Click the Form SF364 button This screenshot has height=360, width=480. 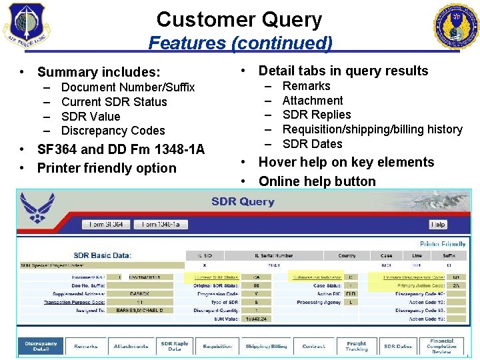pyautogui.click(x=106, y=225)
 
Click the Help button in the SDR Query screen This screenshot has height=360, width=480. pyautogui.click(x=438, y=225)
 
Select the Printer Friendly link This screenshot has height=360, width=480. pyautogui.click(x=442, y=244)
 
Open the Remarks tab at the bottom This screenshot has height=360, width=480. pyautogui.click(x=85, y=347)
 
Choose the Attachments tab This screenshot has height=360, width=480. pyautogui.click(x=131, y=347)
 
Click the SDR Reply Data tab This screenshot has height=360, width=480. pyautogui.click(x=175, y=347)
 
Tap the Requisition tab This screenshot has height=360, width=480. pyautogui.click(x=217, y=347)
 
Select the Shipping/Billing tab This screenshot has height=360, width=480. pyautogui.click(x=266, y=347)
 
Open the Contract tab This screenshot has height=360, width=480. pyautogui.click(x=313, y=347)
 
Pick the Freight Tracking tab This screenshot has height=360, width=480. pyautogui.click(x=356, y=347)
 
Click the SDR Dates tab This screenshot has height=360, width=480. pyautogui.click(x=397, y=347)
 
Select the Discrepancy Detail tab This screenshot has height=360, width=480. pyautogui.click(x=41, y=347)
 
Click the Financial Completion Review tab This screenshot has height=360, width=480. pyautogui.click(x=442, y=346)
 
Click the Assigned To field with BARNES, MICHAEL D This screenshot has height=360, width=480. pyautogui.click(x=135, y=310)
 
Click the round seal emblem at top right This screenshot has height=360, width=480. pyautogui.click(x=456, y=27)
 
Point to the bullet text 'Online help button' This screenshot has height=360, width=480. pyautogui.click(x=317, y=181)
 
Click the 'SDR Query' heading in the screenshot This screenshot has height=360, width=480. pyautogui.click(x=243, y=201)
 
